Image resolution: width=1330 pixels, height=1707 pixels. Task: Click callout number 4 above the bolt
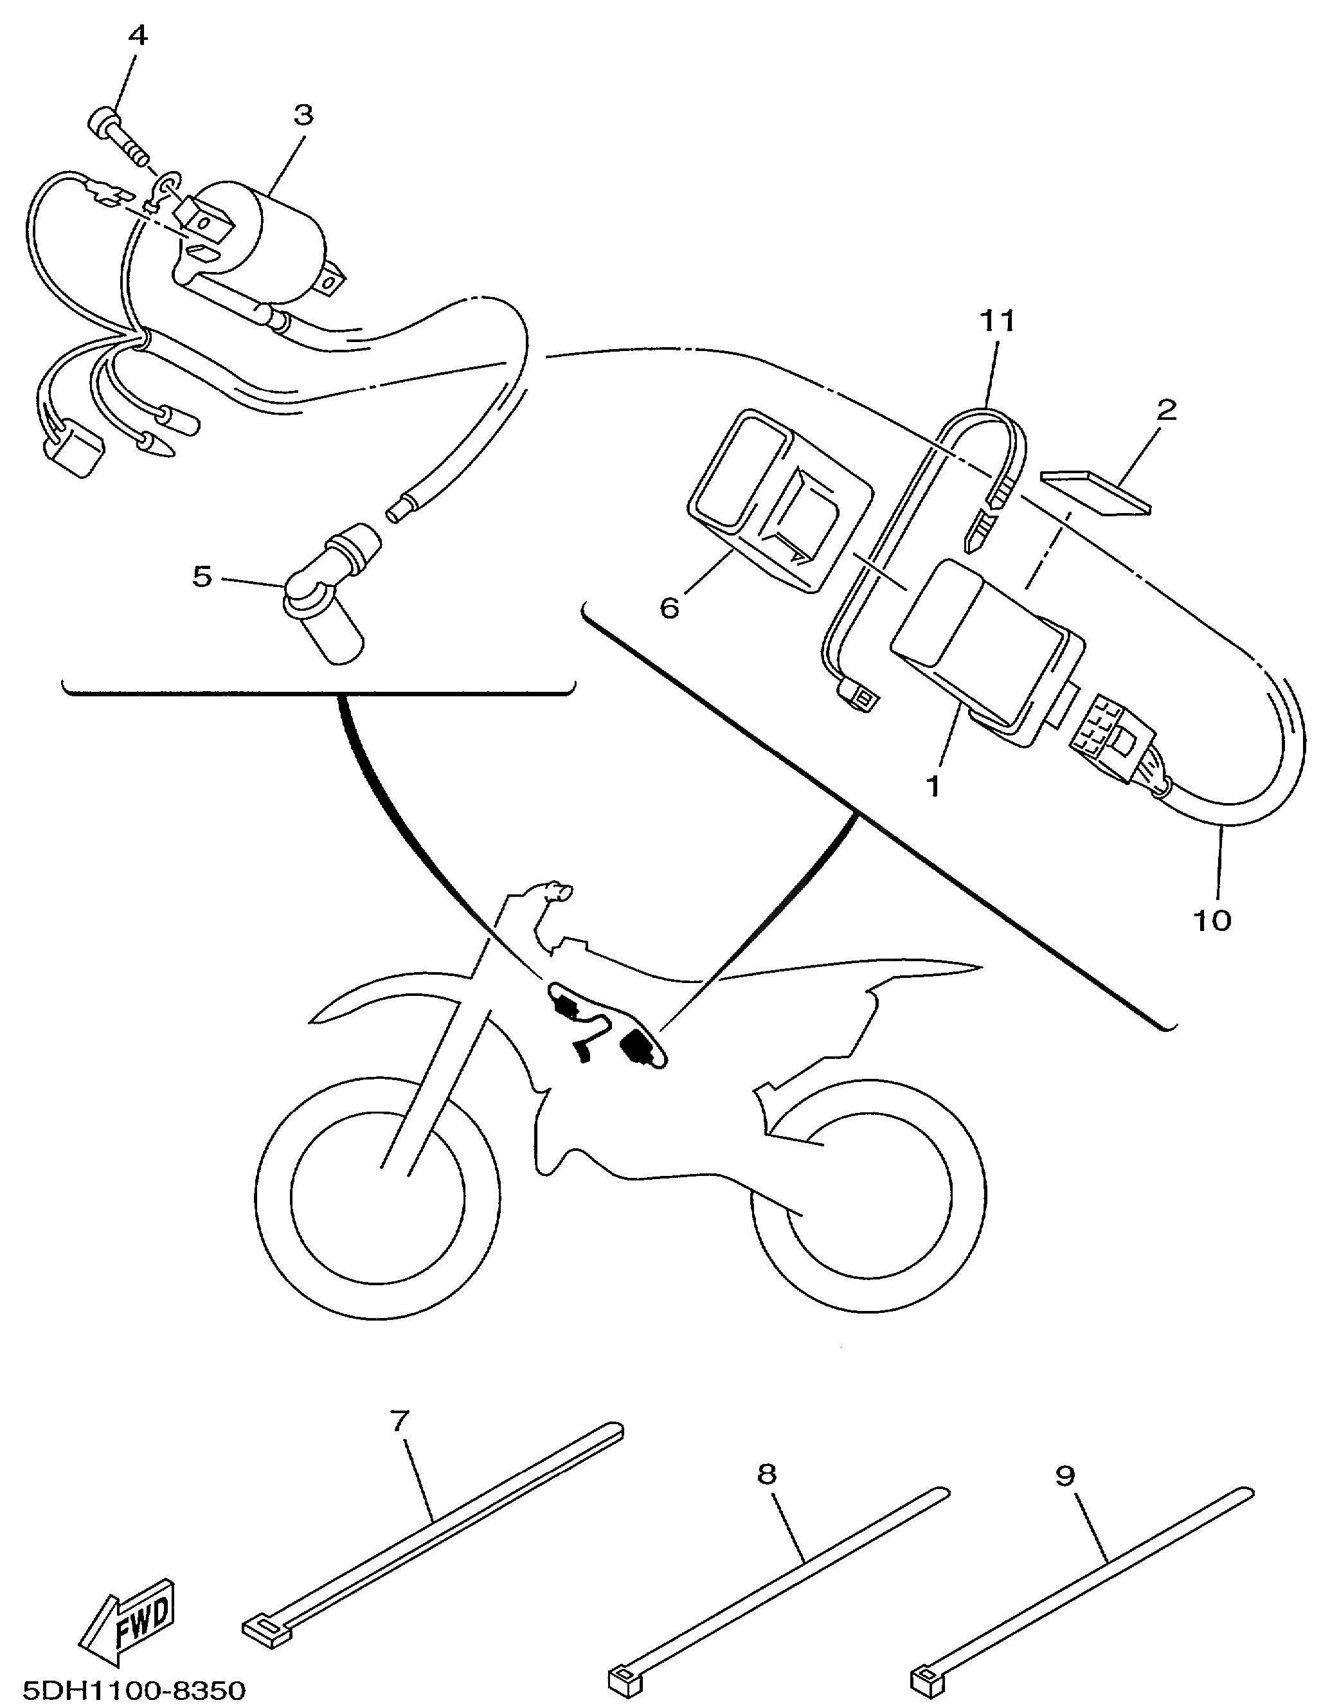tap(137, 35)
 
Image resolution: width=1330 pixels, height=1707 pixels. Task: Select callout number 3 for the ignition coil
tap(303, 115)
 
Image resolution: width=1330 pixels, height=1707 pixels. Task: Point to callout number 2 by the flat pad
tap(1166, 410)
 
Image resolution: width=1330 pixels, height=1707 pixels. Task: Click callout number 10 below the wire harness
tap(1212, 921)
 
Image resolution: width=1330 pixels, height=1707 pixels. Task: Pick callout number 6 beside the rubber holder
tap(670, 608)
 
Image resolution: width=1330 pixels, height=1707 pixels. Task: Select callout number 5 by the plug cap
tap(202, 577)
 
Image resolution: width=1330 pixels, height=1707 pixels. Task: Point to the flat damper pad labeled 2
tap(1097, 492)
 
